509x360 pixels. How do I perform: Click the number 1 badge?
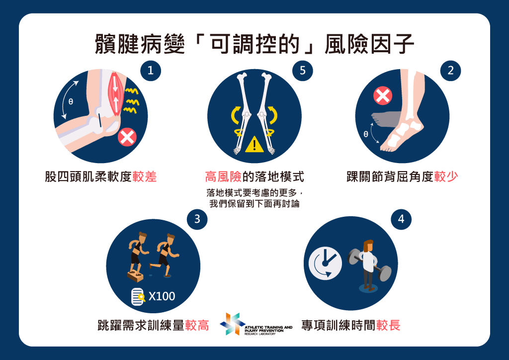151,71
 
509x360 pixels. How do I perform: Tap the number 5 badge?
303,71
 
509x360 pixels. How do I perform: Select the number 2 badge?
450,71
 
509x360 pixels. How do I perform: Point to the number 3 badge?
197,219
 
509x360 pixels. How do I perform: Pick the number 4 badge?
401,219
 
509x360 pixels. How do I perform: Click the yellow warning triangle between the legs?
254,145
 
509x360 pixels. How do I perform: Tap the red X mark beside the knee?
127,137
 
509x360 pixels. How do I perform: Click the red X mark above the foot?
383,96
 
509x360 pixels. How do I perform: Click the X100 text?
162,296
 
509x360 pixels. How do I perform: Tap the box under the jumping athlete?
135,277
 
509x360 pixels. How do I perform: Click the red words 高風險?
223,177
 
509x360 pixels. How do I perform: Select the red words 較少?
446,177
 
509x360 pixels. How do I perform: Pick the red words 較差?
145,177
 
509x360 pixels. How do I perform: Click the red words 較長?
388,325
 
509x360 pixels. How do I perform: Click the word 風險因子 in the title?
369,44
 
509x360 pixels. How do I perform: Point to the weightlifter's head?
368,246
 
